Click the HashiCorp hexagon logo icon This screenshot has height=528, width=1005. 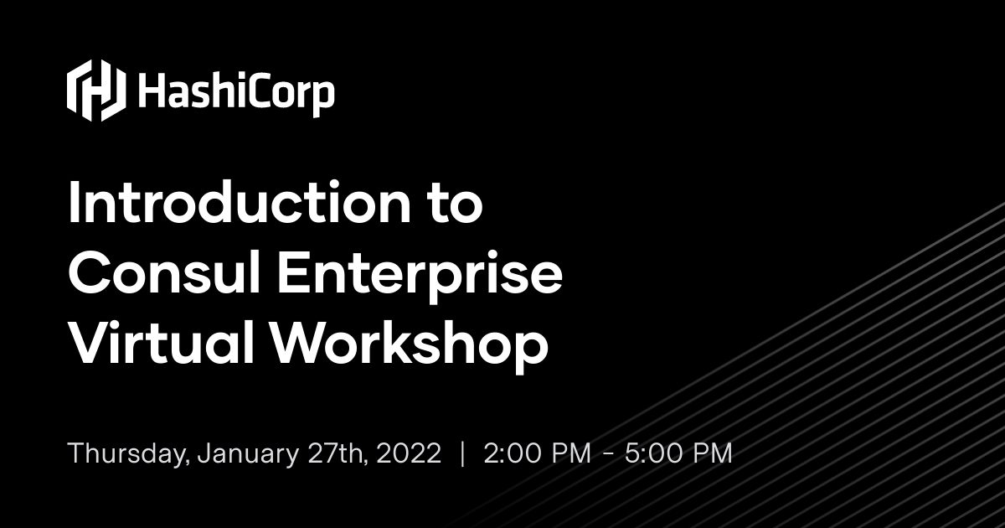coord(95,91)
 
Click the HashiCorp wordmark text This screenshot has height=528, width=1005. coord(235,91)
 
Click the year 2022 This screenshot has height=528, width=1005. coord(409,453)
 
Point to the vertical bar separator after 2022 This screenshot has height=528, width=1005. coord(462,453)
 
